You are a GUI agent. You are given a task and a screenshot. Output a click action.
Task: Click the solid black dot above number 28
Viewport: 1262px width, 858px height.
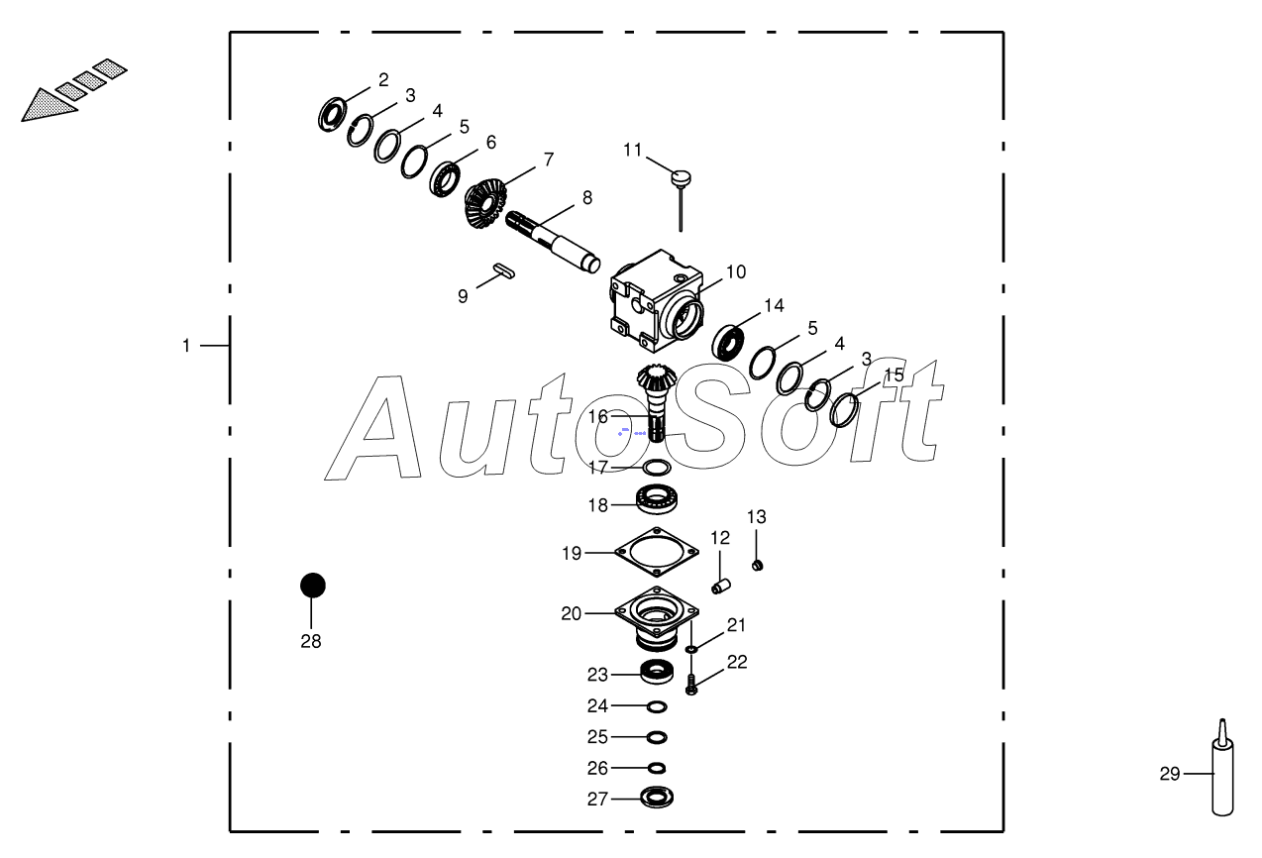coord(313,586)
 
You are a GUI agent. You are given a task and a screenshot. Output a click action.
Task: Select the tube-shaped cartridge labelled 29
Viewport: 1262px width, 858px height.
coord(1223,777)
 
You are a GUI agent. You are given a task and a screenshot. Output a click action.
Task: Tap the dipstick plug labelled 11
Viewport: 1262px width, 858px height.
coord(681,179)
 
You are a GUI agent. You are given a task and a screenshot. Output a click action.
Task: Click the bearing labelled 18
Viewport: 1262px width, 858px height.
coord(655,500)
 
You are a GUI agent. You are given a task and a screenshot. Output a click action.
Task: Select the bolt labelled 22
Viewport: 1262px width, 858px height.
coord(691,684)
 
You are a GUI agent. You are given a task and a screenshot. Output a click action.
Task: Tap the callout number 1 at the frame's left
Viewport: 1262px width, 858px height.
coord(185,346)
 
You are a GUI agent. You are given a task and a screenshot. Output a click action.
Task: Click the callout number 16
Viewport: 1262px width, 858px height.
coord(597,417)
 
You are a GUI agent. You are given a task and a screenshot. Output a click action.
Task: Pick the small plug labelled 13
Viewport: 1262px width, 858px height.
coord(757,565)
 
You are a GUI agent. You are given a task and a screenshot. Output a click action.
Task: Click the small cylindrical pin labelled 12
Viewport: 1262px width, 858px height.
coord(720,587)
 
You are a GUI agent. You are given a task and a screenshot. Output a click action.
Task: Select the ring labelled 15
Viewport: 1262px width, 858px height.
coord(843,408)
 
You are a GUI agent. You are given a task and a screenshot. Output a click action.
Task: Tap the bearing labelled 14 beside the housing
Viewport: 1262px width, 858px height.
coord(730,342)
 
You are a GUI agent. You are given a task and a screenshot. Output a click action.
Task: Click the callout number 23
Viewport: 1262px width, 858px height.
coord(596,675)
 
